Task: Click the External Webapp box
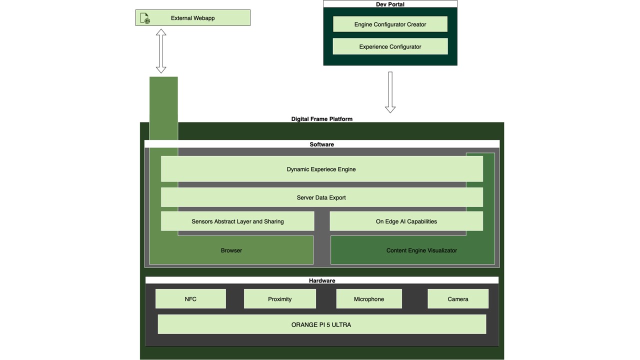point(193,18)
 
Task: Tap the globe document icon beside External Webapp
point(145,18)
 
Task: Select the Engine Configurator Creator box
point(390,24)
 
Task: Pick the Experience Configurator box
point(390,47)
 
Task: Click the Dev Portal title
point(390,4)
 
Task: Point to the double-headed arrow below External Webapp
point(161,51)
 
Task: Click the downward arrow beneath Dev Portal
point(390,92)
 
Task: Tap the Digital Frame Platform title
point(322,119)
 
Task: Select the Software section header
point(322,144)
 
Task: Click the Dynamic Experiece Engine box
point(321,169)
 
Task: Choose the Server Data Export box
point(321,197)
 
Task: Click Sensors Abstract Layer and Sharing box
point(237,221)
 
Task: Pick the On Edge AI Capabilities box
point(406,221)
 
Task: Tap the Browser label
point(231,250)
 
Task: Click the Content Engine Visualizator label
point(421,250)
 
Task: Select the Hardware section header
point(322,280)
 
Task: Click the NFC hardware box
point(190,299)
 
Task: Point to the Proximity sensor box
point(279,299)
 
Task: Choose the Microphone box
point(369,299)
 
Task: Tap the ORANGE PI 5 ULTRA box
point(321,324)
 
